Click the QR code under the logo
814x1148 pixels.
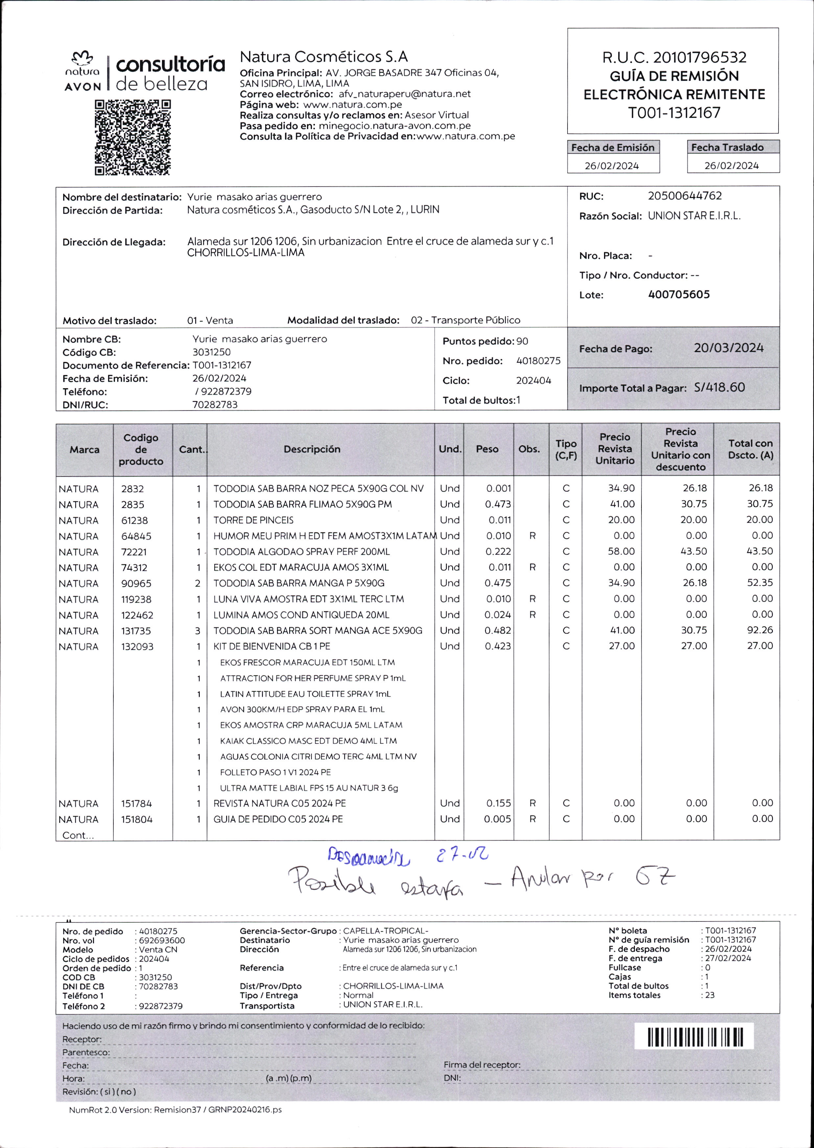[x=133, y=138]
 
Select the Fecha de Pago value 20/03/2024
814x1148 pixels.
[x=728, y=348]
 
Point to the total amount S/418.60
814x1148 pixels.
[x=719, y=387]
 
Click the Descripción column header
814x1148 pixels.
[x=312, y=449]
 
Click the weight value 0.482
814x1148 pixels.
[x=498, y=630]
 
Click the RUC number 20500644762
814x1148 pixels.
[x=685, y=196]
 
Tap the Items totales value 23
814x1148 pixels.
[x=710, y=995]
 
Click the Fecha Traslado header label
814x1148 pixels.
[x=727, y=147]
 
